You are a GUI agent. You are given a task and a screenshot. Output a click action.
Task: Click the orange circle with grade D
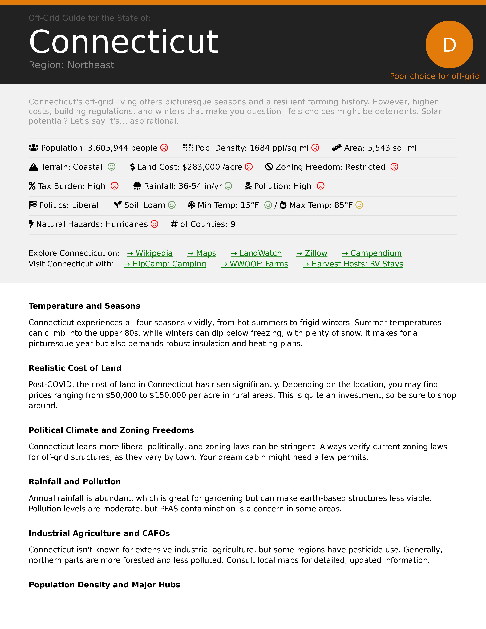tap(449, 44)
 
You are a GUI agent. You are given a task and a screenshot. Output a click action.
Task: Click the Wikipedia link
tap(150, 253)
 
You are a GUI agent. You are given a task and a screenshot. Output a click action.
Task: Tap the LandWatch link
tap(256, 253)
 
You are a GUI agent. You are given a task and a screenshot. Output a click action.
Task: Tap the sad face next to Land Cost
tap(249, 167)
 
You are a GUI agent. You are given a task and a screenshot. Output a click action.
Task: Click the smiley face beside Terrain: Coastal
tap(111, 167)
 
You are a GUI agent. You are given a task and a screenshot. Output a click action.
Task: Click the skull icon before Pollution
tap(248, 186)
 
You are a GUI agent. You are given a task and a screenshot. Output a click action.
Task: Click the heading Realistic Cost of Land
tap(75, 368)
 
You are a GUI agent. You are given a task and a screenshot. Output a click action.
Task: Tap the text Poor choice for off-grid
tap(435, 76)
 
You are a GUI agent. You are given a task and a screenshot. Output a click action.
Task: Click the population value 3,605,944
tap(108, 148)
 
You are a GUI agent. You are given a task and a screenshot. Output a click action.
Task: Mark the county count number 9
tap(233, 224)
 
